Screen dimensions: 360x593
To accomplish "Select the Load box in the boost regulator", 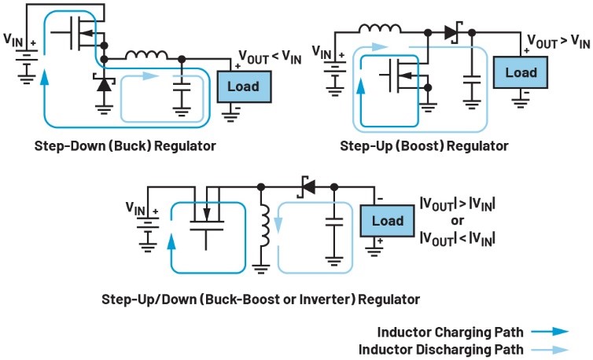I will pyautogui.click(x=520, y=72).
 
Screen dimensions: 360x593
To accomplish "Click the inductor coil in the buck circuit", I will pyautogui.click(x=145, y=57).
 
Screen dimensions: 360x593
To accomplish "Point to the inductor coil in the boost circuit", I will pyautogui.click(x=380, y=31).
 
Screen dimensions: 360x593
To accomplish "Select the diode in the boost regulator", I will pyautogui.click(x=451, y=33).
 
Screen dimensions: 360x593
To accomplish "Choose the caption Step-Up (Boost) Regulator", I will pyautogui.click(x=424, y=146).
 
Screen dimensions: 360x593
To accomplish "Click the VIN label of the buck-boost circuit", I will pyautogui.click(x=137, y=208).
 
